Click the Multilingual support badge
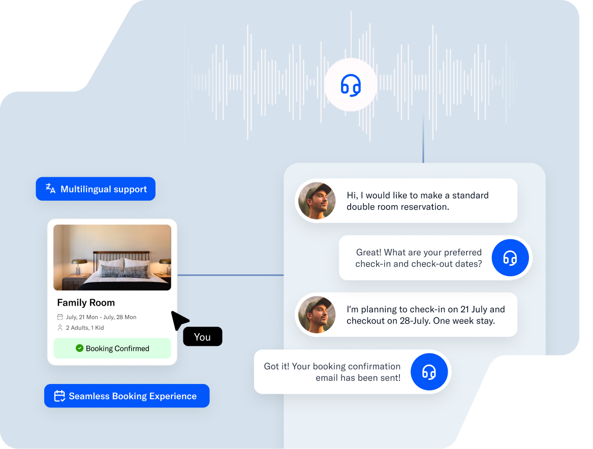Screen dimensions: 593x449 (x=96, y=189)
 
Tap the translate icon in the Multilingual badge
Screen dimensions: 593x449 (x=50, y=188)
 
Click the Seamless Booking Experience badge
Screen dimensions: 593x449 (x=127, y=396)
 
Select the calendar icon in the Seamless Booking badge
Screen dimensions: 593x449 (x=59, y=396)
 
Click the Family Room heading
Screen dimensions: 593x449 (x=86, y=303)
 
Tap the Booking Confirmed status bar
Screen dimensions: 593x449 (x=112, y=348)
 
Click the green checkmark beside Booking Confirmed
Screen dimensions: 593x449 (x=79, y=348)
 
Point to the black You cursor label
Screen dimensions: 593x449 (x=202, y=337)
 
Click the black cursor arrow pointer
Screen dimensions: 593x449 (x=178, y=320)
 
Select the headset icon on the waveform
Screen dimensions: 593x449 (x=351, y=85)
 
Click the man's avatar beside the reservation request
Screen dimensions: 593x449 (x=317, y=201)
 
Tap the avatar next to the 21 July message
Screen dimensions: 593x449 (x=317, y=314)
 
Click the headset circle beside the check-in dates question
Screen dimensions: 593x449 (x=510, y=258)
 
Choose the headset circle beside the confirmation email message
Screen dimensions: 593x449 (x=429, y=372)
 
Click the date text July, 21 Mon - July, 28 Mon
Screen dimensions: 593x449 (x=101, y=317)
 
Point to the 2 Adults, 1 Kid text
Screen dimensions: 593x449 (x=84, y=328)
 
